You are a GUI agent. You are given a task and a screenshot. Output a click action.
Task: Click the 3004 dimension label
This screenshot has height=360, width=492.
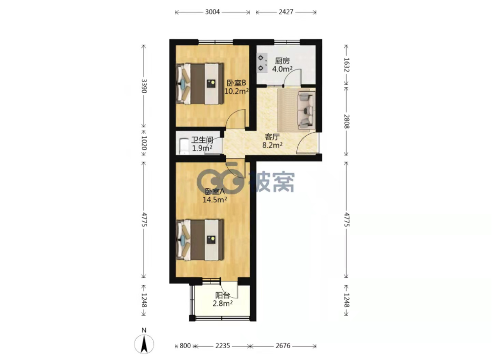coord(212,12)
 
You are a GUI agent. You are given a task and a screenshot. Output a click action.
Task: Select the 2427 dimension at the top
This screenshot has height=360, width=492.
coord(286,12)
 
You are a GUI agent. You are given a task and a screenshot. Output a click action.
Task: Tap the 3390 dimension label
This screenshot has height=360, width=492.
coord(144,86)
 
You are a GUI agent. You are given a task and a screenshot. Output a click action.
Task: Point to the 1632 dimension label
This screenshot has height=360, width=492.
coord(347,65)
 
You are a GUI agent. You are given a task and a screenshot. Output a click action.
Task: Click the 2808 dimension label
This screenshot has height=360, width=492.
coord(347,121)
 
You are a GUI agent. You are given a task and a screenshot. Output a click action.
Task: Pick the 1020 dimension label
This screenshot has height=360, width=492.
coord(144,143)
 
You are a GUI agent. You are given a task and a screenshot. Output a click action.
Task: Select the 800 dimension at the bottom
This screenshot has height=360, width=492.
coord(185,346)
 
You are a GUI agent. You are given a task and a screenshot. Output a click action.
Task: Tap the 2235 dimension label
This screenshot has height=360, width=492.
coord(223,346)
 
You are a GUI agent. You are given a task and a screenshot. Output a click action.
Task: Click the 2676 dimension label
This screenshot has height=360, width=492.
coord(283,346)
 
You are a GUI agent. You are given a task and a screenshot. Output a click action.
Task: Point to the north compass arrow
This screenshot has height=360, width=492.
coord(144,344)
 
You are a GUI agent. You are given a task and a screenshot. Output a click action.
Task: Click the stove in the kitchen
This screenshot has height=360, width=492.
coord(262,63)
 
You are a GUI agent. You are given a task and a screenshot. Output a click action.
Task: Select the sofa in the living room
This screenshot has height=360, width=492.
coord(306,110)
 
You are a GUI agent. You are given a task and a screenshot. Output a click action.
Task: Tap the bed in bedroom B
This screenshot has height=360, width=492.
coord(200,83)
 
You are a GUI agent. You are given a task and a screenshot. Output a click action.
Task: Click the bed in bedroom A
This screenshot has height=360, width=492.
coord(200,240)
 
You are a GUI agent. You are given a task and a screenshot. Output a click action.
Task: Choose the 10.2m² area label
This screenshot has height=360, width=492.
coord(237,91)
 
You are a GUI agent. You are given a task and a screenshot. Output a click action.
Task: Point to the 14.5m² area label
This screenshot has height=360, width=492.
coord(214,200)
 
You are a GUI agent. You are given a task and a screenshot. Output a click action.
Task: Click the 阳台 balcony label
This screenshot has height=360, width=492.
coord(222,295)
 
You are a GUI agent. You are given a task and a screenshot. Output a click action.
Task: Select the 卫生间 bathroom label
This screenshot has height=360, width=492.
coord(203,140)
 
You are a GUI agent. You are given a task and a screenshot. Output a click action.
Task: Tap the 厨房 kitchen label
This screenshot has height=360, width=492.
coord(282,61)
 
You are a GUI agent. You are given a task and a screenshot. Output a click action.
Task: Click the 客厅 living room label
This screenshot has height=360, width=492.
coord(272,137)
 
